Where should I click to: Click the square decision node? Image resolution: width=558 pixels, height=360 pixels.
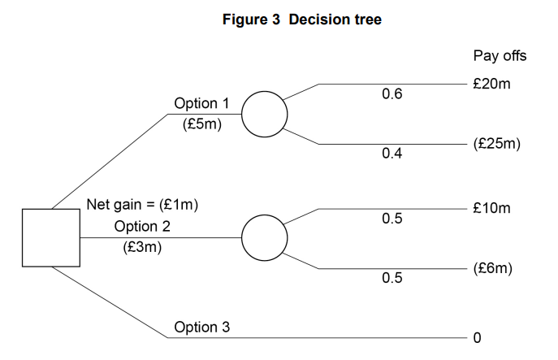(51, 237)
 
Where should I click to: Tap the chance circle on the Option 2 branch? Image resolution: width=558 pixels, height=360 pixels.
(264, 236)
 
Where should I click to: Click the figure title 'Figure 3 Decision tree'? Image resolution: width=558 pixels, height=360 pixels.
(301, 20)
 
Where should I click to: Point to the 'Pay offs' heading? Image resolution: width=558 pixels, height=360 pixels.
(500, 56)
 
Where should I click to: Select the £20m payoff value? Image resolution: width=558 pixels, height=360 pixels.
(493, 84)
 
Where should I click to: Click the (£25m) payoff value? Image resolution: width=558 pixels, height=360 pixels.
(496, 144)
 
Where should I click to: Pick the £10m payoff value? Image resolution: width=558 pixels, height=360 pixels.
(493, 208)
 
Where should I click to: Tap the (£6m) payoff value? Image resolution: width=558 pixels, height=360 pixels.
(493, 268)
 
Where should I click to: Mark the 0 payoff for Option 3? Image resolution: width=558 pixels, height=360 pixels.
(478, 336)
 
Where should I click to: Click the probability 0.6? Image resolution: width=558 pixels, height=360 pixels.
(391, 95)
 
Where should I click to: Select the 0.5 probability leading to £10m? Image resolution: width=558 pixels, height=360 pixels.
(391, 219)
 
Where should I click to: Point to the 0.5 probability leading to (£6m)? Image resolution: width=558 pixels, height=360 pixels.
(391, 279)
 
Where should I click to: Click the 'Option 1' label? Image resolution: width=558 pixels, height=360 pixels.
(201, 104)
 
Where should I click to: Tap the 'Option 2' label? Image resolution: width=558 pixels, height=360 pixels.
(142, 226)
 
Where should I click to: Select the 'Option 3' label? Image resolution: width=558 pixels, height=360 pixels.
(201, 327)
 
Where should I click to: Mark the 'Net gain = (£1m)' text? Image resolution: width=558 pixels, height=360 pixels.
(142, 205)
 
